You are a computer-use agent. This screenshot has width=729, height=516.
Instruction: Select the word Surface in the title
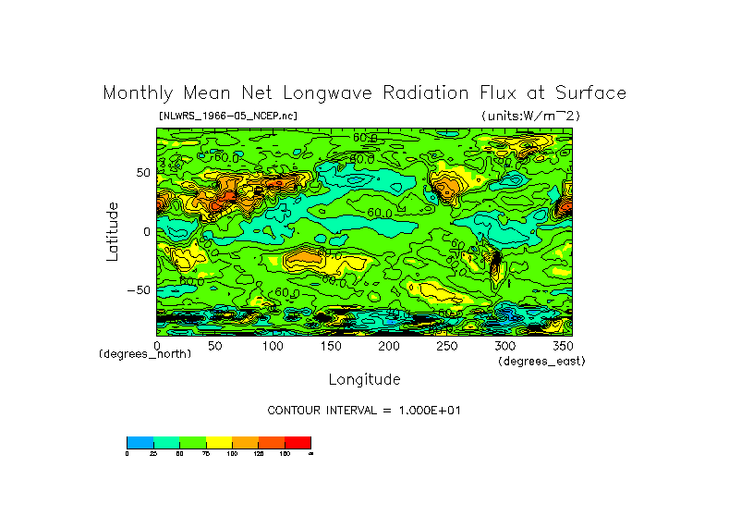592,93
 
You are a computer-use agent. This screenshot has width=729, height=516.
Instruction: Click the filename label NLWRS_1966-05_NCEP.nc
228,116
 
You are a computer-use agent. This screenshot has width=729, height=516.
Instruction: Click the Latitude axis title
112,231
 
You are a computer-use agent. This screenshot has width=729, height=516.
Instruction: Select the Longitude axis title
364,379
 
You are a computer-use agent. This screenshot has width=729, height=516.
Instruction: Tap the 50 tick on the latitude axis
142,173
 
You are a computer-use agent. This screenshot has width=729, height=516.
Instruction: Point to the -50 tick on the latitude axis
139,289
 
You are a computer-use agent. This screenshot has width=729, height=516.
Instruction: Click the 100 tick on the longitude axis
273,345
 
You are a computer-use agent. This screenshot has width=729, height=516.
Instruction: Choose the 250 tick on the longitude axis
446,345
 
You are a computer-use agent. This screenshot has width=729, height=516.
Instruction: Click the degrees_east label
541,361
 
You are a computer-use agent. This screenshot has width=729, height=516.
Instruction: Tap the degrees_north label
145,354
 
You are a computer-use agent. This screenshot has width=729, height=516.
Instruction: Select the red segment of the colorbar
298,442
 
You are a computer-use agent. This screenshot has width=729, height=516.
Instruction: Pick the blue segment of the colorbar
140,442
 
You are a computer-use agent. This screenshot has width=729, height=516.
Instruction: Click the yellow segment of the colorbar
218,442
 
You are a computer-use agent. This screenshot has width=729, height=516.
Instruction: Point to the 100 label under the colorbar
232,453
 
